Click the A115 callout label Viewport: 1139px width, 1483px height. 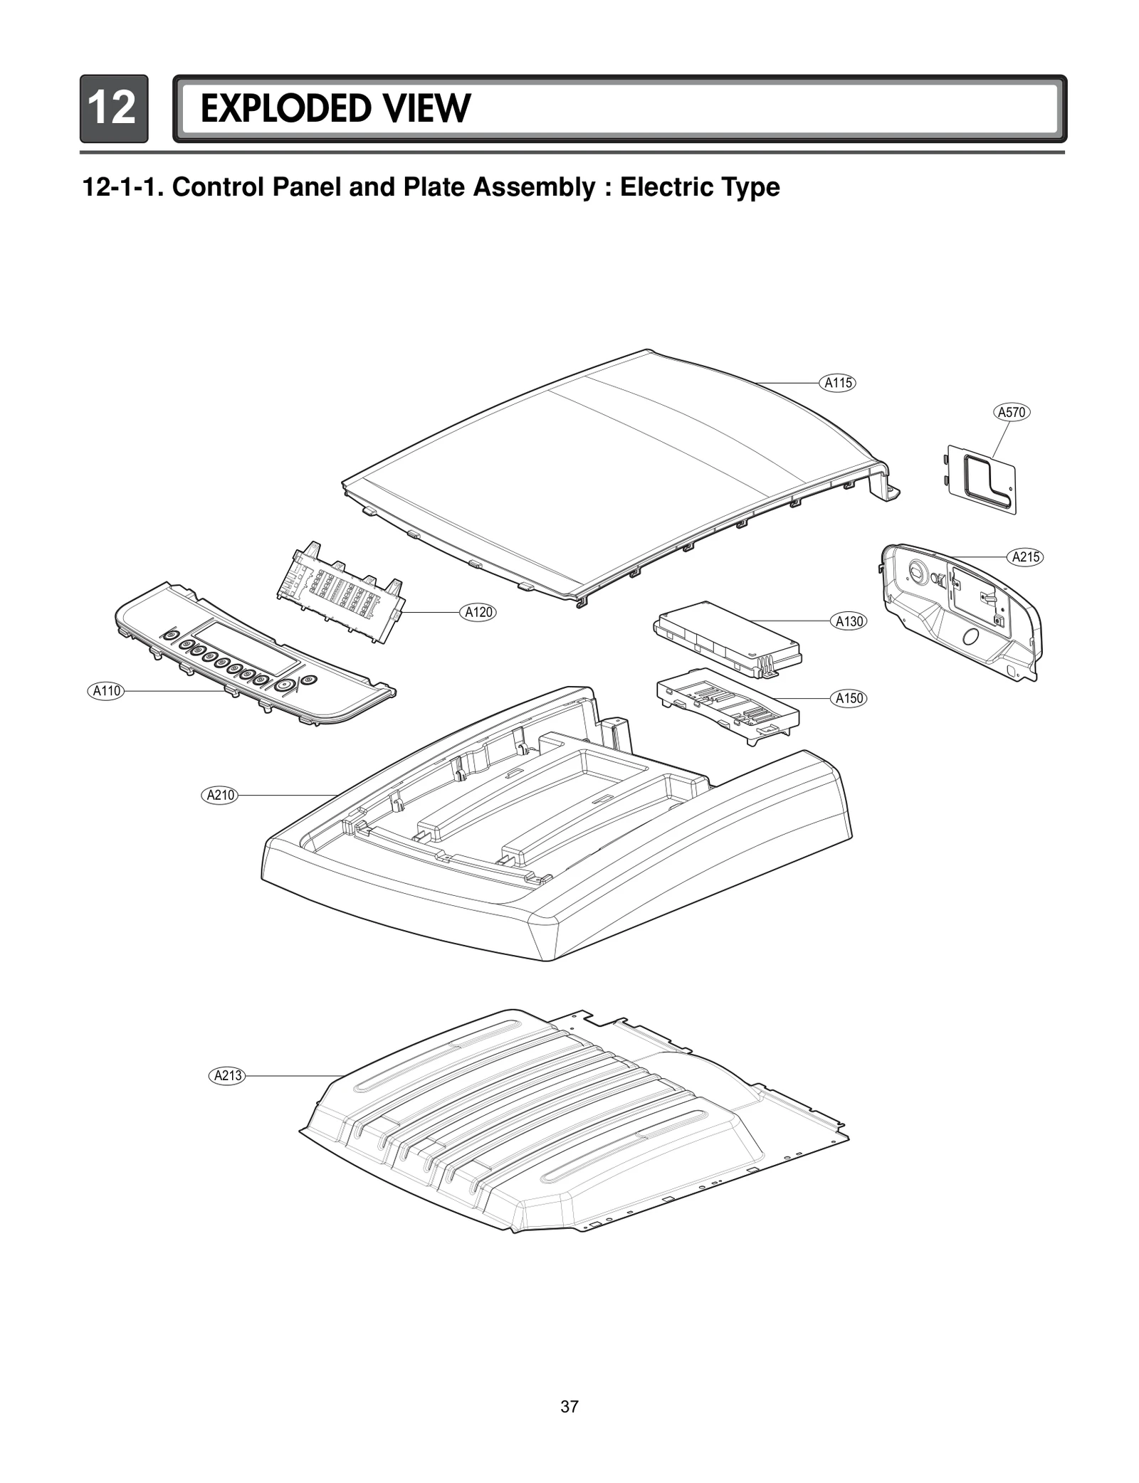pos(838,383)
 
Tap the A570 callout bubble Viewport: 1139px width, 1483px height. pos(1012,412)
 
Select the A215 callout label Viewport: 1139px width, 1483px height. pos(1026,557)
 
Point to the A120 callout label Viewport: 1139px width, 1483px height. pos(478,612)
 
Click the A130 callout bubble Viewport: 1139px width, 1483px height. pos(849,621)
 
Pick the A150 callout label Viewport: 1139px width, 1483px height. pos(849,698)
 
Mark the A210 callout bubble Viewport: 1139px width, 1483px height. pos(220,795)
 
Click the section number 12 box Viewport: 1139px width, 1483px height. pos(114,109)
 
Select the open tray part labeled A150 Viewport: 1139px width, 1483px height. pos(727,706)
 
